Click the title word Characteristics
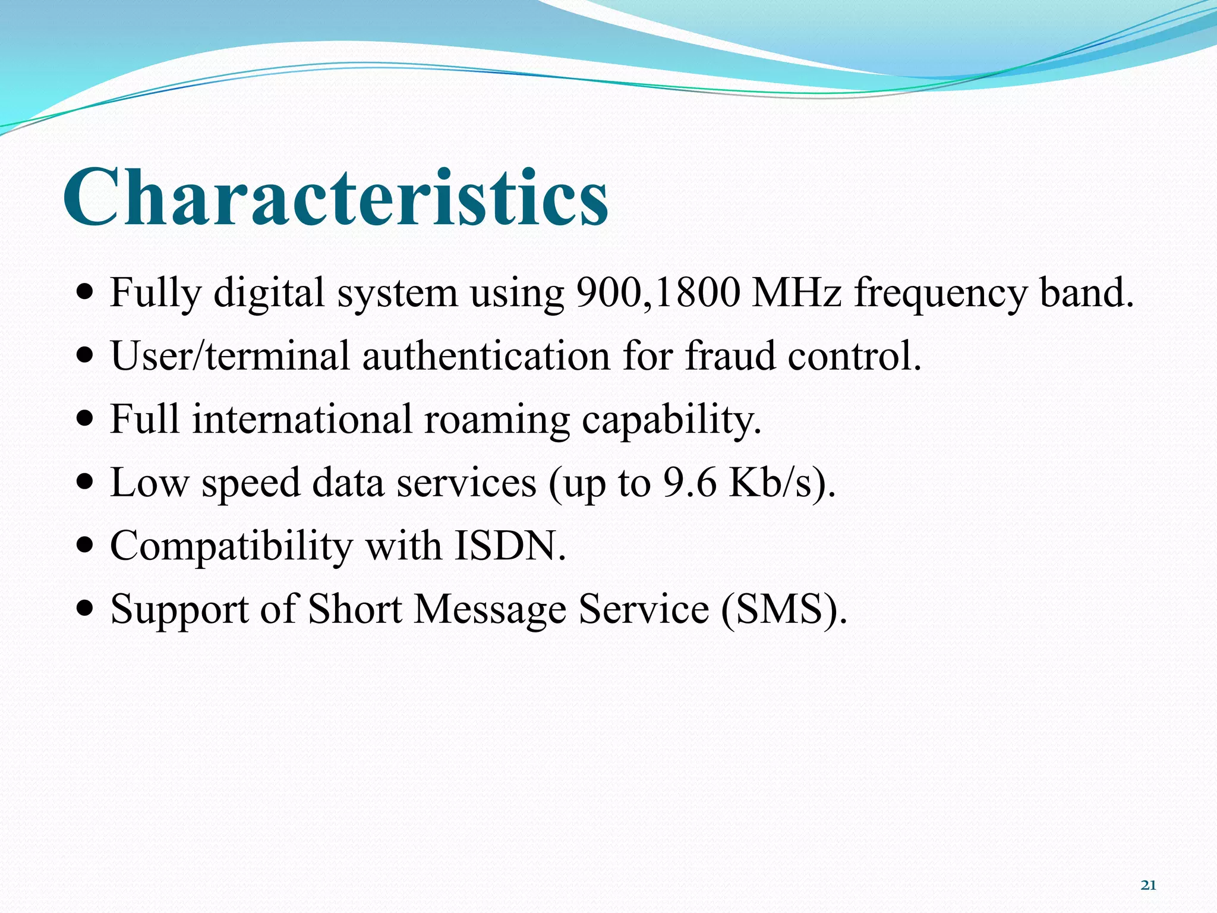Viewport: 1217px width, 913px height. (x=336, y=197)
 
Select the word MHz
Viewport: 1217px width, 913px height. (x=796, y=292)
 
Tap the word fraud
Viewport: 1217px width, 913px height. (x=730, y=356)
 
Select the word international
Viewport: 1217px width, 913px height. (x=302, y=419)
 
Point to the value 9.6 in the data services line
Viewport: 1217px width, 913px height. (x=690, y=482)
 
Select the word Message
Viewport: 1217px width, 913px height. (x=490, y=610)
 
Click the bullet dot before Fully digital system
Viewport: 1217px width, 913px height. (x=86, y=293)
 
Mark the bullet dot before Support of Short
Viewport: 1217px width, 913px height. (x=86, y=609)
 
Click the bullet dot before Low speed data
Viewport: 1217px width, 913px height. (x=86, y=482)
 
